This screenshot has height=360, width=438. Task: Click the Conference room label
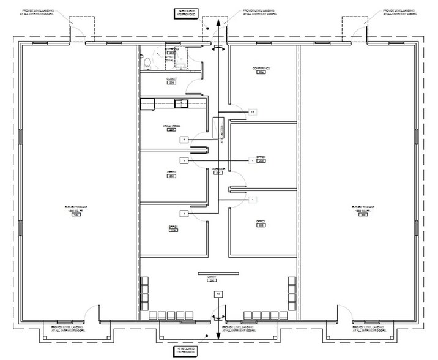point(261,69)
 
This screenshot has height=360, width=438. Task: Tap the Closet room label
point(171,80)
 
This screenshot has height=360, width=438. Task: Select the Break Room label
point(169,127)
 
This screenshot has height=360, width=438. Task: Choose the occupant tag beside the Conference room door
point(252,112)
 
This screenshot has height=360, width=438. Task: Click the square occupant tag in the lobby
point(217,294)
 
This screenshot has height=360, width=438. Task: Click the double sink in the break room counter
point(182,103)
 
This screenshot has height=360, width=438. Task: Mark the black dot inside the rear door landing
point(208,28)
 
